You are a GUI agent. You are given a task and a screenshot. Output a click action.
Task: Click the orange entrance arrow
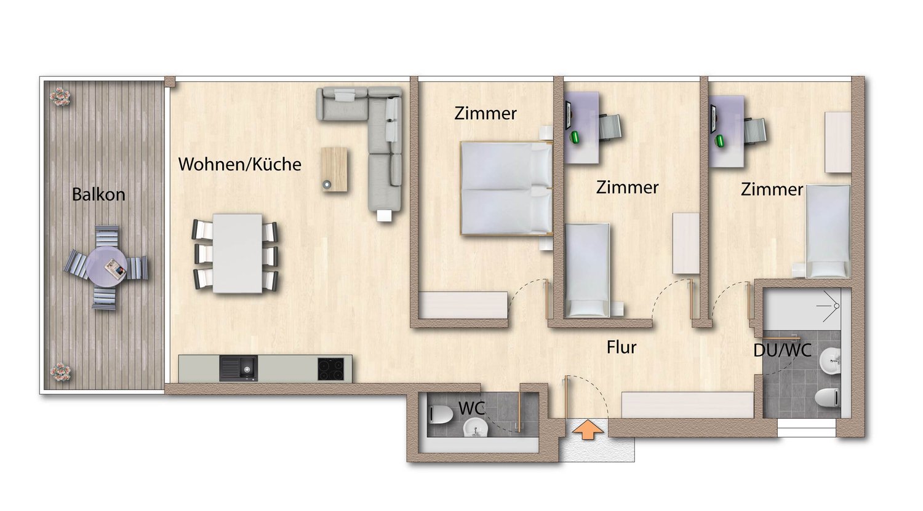click(x=587, y=430)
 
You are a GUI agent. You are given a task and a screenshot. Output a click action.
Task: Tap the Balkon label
click(x=98, y=194)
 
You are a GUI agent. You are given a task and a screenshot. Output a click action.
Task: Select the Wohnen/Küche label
click(x=239, y=164)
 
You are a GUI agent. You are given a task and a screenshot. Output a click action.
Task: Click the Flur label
click(x=621, y=347)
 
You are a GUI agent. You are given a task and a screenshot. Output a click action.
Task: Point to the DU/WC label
click(x=782, y=351)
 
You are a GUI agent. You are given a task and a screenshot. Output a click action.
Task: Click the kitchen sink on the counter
click(x=239, y=368)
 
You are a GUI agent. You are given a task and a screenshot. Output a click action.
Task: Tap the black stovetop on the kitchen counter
click(x=331, y=369)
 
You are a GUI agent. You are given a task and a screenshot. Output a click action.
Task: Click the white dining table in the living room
click(x=238, y=253)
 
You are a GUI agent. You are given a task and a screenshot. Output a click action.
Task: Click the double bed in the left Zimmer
click(x=506, y=188)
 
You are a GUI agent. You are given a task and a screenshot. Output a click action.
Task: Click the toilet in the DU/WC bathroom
click(x=828, y=398)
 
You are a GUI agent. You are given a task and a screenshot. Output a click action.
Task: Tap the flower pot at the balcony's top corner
click(x=61, y=96)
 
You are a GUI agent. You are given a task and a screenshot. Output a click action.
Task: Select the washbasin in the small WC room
click(x=474, y=427)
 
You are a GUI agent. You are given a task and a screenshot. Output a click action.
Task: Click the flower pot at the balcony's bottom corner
click(x=60, y=371)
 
